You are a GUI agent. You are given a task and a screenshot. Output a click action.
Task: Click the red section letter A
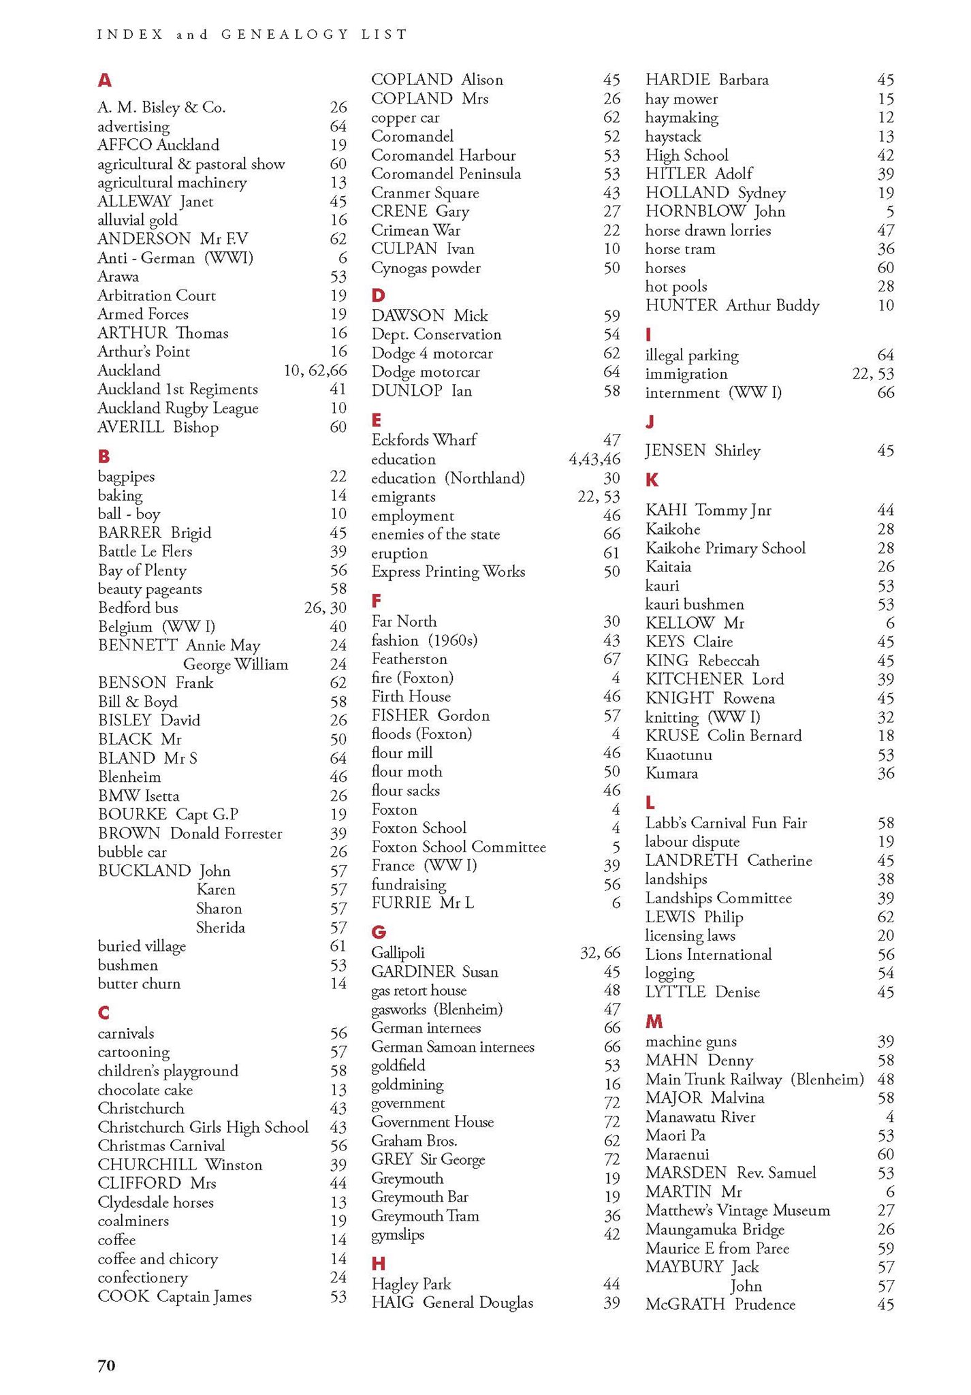pos(104,80)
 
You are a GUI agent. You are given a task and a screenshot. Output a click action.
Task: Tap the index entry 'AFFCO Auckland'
pos(158,145)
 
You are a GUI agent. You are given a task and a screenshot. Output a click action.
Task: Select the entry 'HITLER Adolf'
pos(699,174)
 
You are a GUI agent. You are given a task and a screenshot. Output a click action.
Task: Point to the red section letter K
pos(652,480)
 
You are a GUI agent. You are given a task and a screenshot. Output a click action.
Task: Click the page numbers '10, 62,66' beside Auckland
pos(315,371)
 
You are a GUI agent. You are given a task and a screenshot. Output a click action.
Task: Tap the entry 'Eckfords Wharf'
pos(424,440)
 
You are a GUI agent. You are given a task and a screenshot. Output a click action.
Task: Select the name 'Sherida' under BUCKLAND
pos(220,928)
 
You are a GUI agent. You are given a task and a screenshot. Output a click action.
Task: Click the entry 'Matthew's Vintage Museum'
pos(737,1210)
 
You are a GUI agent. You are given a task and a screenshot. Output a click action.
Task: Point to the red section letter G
pos(379,932)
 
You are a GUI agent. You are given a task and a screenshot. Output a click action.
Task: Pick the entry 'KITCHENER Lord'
pos(714,679)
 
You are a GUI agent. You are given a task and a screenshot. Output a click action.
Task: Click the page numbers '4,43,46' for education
pos(594,460)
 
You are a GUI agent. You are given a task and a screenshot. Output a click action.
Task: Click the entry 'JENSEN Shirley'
pos(703,450)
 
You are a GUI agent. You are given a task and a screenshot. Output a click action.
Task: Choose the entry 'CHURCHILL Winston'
pos(180,1165)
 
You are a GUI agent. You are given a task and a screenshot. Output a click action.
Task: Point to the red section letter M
pos(654,1021)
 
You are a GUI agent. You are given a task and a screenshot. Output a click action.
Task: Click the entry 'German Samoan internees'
pos(452,1047)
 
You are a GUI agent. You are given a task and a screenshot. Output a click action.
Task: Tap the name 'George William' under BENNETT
pos(235,664)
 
